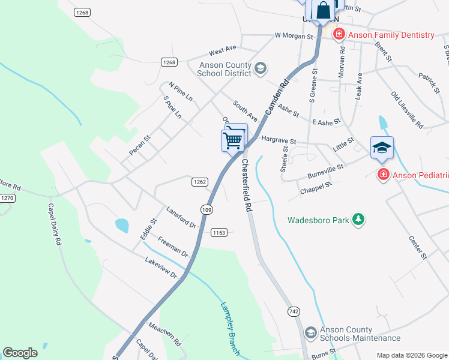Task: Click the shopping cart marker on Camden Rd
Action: (233, 140)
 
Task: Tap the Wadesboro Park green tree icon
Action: (358, 220)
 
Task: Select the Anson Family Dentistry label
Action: (390, 35)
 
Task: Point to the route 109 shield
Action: (207, 209)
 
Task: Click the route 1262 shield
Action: (200, 182)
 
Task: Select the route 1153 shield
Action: (218, 232)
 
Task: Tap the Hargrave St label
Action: (279, 141)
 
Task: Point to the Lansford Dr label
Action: (181, 217)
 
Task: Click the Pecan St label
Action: (139, 146)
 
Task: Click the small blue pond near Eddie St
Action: (122, 226)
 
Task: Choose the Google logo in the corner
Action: (20, 353)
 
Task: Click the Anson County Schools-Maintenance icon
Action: (310, 332)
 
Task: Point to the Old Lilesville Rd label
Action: (407, 110)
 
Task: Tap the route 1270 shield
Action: (7, 197)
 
